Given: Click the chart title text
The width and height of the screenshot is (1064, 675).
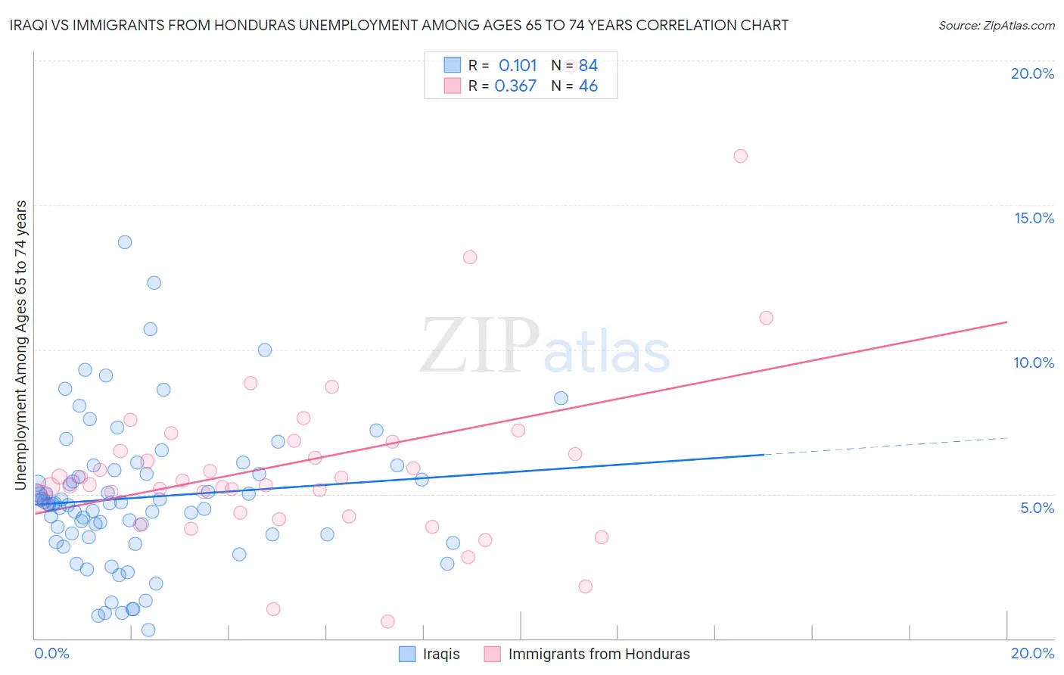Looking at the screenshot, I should tap(400, 25).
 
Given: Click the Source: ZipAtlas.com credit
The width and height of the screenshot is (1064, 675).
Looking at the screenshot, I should tap(996, 25).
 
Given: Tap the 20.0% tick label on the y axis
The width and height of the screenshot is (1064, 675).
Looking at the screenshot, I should tap(1032, 73).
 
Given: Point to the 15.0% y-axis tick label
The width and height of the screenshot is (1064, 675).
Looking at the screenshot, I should tap(1034, 218).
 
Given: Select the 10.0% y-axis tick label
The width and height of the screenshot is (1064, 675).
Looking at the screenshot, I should tap(1034, 362).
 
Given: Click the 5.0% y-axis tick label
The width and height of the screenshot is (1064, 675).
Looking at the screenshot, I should tap(1037, 508).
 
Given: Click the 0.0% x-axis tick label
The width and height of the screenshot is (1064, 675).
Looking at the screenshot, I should tap(51, 653).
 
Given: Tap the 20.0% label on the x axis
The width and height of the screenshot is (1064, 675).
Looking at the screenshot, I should tap(1032, 653).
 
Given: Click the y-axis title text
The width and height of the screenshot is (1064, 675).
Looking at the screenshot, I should tap(20, 345).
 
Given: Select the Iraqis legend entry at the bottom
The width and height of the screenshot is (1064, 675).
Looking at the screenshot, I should tap(441, 654).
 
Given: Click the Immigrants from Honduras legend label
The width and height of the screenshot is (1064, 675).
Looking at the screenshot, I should tap(599, 654).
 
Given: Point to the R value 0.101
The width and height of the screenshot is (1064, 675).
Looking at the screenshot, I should tap(518, 66).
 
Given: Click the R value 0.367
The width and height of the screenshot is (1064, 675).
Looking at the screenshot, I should tap(515, 86).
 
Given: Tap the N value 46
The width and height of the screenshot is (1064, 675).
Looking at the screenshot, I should tap(588, 86).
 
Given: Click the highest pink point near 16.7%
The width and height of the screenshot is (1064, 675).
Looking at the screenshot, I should tap(740, 156).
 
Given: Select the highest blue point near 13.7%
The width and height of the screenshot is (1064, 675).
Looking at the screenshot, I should tap(125, 242).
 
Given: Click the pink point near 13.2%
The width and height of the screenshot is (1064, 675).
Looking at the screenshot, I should tap(470, 257).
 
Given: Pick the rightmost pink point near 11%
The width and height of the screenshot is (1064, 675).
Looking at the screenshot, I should tap(766, 318).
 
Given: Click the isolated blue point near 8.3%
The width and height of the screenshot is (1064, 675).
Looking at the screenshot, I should tap(561, 398).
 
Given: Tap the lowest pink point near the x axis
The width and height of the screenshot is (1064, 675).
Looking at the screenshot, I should tap(387, 621).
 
